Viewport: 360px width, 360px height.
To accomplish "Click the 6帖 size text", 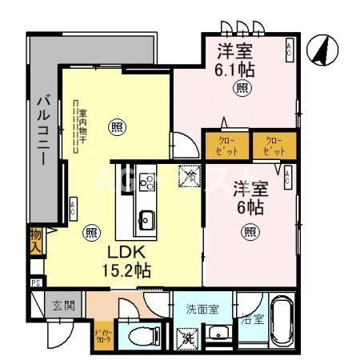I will click(x=249, y=206).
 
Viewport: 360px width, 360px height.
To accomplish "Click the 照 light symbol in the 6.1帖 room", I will click(x=240, y=90).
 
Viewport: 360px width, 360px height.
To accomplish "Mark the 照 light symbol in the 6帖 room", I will click(x=250, y=233).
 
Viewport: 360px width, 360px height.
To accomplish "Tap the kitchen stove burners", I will click(x=146, y=182).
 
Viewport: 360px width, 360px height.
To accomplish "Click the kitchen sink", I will click(x=146, y=218).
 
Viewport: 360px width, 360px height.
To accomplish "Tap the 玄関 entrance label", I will click(x=63, y=305).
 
